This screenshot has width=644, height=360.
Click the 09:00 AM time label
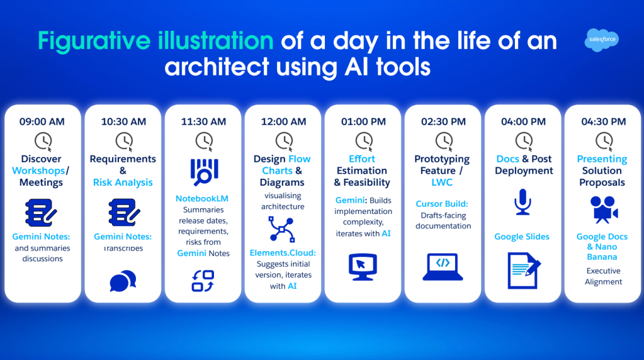pyautogui.click(x=43, y=121)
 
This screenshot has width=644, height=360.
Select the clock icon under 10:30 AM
pyautogui.click(x=123, y=140)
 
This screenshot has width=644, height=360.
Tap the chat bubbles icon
pyautogui.click(x=123, y=281)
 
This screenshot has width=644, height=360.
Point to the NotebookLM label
pyautogui.click(x=202, y=199)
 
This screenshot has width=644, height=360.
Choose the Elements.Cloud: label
pyautogui.click(x=283, y=252)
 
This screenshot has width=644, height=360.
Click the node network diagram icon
pyautogui.click(x=283, y=229)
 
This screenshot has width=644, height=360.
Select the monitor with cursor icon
pyautogui.click(x=363, y=266)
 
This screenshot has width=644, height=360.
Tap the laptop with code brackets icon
pyautogui.click(x=443, y=266)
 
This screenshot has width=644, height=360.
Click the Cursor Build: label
pyautogui.click(x=442, y=204)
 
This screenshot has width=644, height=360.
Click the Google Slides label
pyautogui.click(x=522, y=237)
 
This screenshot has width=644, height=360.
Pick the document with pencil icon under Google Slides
pyautogui.click(x=523, y=269)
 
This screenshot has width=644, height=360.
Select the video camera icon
pyautogui.click(x=602, y=210)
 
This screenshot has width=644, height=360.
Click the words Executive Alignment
pyautogui.click(x=603, y=276)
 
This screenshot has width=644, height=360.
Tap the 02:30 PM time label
pyautogui.click(x=443, y=121)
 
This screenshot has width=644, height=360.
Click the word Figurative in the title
pyautogui.click(x=93, y=42)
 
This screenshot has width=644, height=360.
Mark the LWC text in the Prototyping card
pyautogui.click(x=443, y=183)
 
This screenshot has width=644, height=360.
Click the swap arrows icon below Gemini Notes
pyautogui.click(x=203, y=281)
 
